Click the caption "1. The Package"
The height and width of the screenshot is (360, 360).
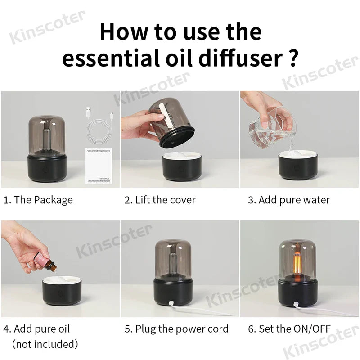(38, 200)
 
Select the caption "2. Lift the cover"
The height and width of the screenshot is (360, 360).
(160, 200)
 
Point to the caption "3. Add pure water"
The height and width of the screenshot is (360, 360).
(288, 200)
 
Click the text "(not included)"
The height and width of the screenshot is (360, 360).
(45, 344)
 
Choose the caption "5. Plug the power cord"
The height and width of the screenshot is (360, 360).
(176, 329)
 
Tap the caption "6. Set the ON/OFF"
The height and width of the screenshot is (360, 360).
(288, 329)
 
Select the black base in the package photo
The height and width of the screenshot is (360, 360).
(48, 167)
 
